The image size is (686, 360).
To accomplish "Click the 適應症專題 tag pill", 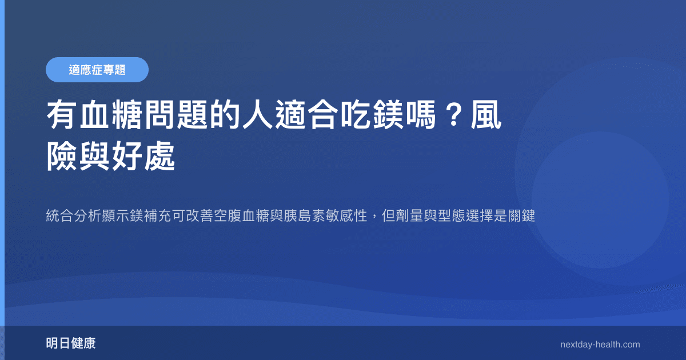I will pyautogui.click(x=97, y=70).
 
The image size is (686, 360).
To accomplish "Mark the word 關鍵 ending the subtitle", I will pyautogui.click(x=520, y=217).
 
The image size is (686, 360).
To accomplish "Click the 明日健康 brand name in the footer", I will pyautogui.click(x=71, y=344).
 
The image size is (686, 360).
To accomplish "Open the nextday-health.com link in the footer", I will pyautogui.click(x=600, y=345).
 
